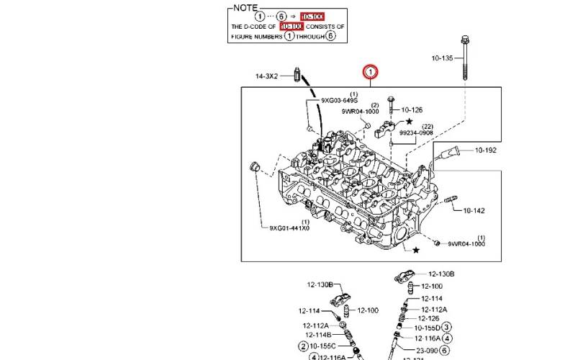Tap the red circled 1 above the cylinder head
point(370,72)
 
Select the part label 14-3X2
point(267,76)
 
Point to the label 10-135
point(443,58)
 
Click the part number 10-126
point(413,111)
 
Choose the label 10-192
point(486,150)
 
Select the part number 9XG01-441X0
point(289,228)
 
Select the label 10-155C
point(343,346)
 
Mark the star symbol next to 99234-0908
point(410,122)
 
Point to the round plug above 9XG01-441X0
point(253,168)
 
